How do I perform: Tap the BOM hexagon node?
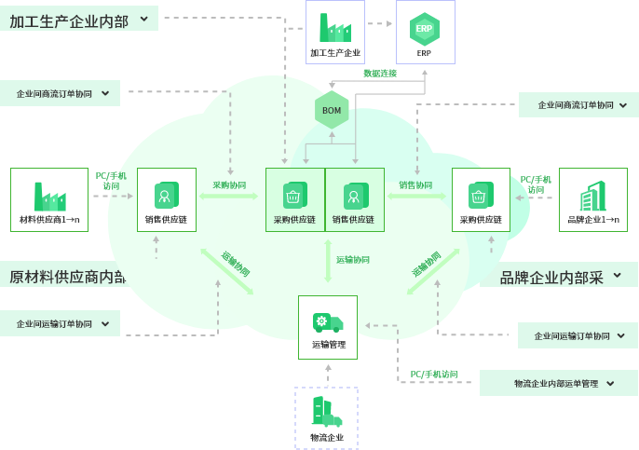coord(332,111)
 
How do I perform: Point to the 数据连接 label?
coord(380,73)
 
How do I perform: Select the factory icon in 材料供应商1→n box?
coord(49,196)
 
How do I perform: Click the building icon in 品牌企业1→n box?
coord(592,197)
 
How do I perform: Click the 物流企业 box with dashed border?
coord(326,418)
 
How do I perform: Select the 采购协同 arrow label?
coord(229,185)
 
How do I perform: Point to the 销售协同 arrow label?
coord(415,185)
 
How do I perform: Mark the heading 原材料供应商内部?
coord(67,276)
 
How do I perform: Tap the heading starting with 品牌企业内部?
coord(551,277)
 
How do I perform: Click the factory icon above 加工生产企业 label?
coord(334,28)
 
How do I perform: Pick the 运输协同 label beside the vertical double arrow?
coord(353,260)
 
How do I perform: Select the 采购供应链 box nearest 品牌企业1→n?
coord(481,199)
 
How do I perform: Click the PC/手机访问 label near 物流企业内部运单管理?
coord(434,375)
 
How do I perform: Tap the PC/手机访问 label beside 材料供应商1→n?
coord(111,181)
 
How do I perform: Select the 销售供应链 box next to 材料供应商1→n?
coord(167,199)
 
